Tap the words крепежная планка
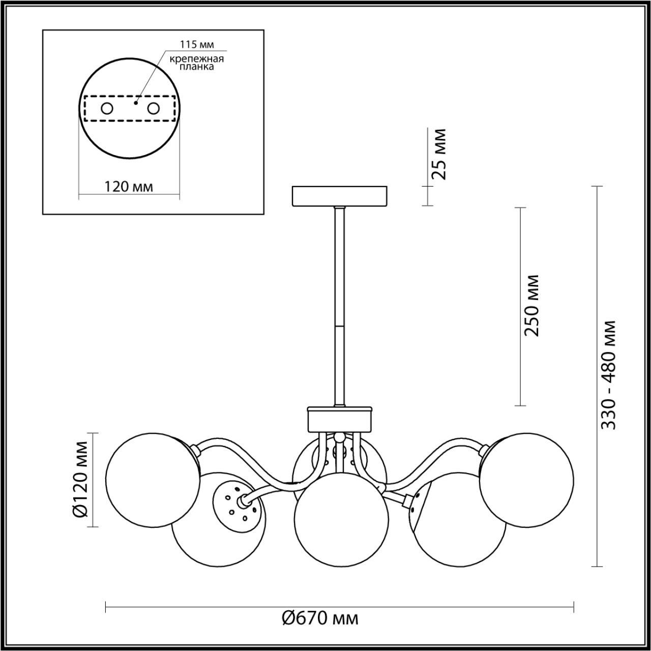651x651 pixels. [197, 63]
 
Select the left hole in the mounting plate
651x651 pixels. [107, 108]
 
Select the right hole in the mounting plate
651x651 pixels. [153, 108]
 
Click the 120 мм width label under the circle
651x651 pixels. [129, 187]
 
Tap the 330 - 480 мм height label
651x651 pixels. [608, 375]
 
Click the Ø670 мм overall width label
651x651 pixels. [320, 618]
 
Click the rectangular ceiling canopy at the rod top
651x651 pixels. [340, 196]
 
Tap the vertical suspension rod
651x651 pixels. [339, 305]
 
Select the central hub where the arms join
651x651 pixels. [339, 419]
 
